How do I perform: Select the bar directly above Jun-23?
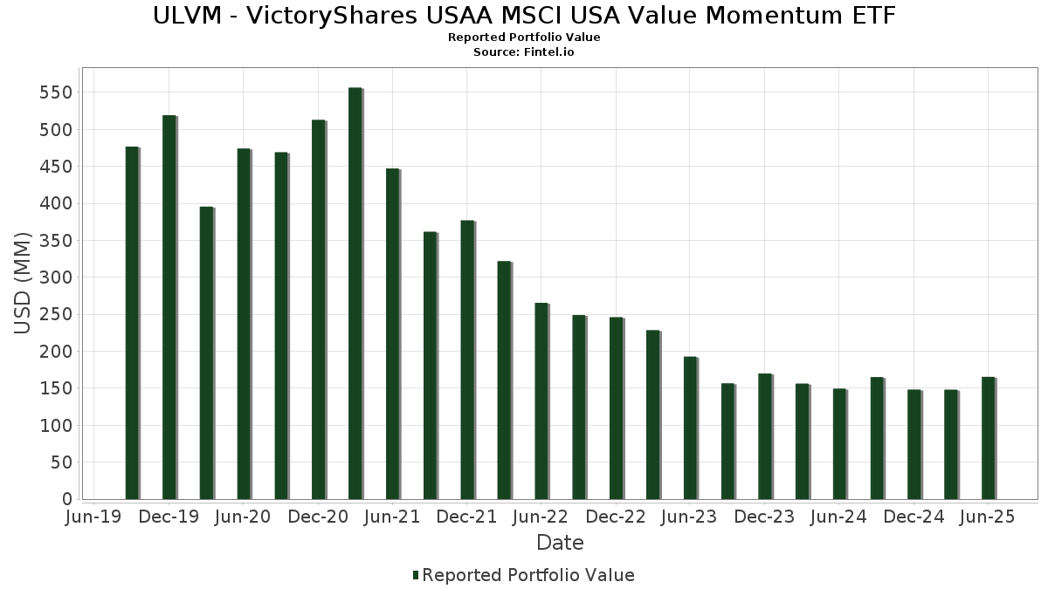point(690,428)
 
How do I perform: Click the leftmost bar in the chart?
point(132,323)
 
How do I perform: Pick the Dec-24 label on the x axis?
point(914,517)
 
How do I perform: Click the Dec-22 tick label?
point(616,517)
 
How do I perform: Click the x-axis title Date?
point(560,543)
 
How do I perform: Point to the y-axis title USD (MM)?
point(23,283)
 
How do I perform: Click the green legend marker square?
point(416,575)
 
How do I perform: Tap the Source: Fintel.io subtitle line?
point(524,51)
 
